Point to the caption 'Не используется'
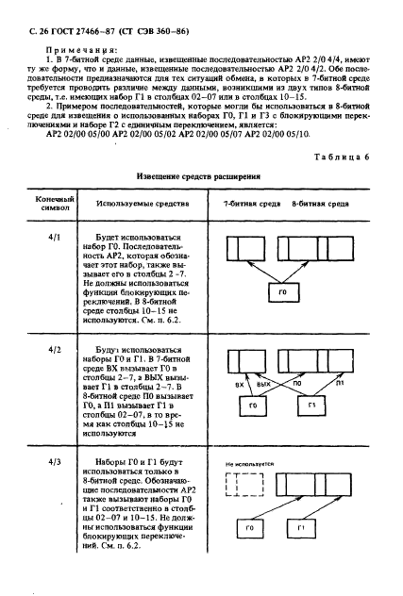[x=250, y=465]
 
